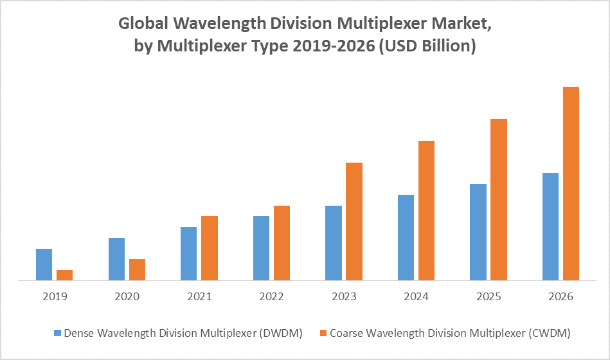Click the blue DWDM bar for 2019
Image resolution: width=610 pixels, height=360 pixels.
[x=44, y=264]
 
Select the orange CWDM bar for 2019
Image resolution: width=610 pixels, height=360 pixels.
[x=64, y=275]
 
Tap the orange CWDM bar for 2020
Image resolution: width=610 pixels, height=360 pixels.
[x=137, y=269]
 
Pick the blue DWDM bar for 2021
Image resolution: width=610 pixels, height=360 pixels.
[x=188, y=253]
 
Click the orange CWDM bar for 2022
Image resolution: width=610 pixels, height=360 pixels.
[x=282, y=243]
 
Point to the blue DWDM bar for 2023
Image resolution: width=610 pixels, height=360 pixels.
[x=333, y=243]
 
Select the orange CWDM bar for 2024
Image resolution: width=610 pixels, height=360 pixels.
[x=426, y=210]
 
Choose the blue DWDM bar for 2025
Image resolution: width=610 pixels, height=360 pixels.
[x=478, y=232]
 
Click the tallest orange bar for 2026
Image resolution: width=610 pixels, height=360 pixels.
[x=571, y=183]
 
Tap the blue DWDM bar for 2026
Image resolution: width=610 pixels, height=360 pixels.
[x=550, y=226]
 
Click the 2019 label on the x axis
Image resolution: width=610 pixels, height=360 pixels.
[x=54, y=297]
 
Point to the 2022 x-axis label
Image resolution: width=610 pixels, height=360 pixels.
[x=271, y=297]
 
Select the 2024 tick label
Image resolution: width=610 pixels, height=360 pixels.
[x=416, y=297]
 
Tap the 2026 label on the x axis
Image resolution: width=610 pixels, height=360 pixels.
[x=561, y=297]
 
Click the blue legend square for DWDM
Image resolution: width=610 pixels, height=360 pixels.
[x=57, y=333]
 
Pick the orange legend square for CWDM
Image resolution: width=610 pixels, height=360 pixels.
[x=324, y=333]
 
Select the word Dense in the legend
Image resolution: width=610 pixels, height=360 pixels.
[x=79, y=333]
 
